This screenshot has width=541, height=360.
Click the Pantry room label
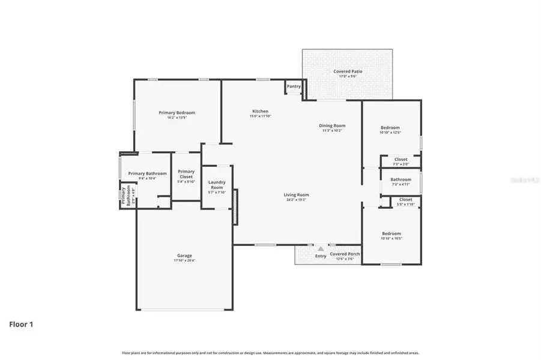[294, 86]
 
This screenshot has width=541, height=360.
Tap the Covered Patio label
[348, 71]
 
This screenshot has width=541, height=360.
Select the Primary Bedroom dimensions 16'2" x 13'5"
[177, 118]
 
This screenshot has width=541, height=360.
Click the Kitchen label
[260, 111]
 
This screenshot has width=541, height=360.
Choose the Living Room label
[296, 194]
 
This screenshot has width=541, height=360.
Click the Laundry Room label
[217, 185]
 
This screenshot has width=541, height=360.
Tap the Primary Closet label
[186, 174]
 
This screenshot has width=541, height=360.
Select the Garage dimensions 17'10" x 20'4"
[184, 260]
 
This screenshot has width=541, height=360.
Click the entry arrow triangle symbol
[321, 248]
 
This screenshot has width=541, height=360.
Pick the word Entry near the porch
[321, 256]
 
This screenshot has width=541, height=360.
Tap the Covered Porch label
[345, 253]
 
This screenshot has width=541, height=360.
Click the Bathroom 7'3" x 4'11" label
[400, 179]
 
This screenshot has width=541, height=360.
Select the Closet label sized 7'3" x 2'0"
[400, 159]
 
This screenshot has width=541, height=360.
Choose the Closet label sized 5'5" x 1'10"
[405, 199]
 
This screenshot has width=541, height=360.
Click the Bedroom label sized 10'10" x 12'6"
[390, 127]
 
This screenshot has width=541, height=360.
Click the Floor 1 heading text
[21, 325]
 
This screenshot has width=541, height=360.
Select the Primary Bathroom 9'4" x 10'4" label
[147, 173]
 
